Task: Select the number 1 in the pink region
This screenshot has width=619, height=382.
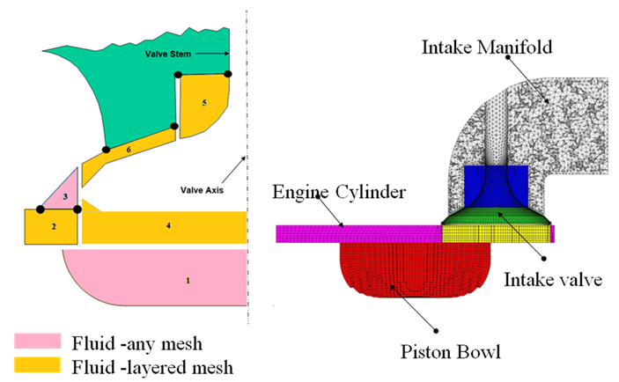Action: [187, 280]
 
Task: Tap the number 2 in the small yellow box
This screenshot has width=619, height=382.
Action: [54, 227]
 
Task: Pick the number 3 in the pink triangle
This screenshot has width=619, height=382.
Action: [65, 196]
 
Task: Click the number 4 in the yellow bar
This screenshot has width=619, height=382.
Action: [167, 225]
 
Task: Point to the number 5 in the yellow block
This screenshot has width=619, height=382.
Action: [204, 103]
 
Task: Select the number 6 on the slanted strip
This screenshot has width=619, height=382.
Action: [129, 151]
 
